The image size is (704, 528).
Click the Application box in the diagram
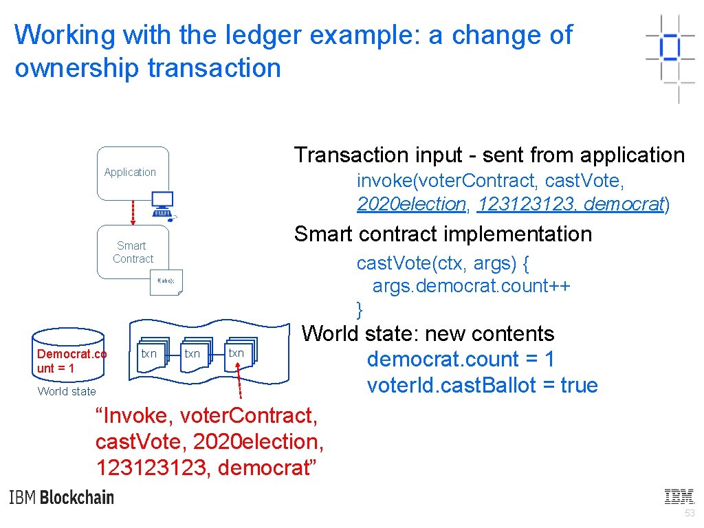[133, 173]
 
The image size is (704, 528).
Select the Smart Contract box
[133, 252]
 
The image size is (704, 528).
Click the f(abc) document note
[166, 282]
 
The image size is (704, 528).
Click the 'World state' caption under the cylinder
[67, 391]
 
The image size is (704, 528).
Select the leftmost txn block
[149, 354]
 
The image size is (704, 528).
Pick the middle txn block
[192, 354]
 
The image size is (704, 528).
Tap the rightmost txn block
[236, 353]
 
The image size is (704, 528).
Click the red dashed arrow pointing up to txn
[240, 382]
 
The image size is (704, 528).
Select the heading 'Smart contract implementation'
[443, 234]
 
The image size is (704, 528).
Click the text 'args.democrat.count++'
[471, 285]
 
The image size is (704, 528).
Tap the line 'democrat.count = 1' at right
[461, 359]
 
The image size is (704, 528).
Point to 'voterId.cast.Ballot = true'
[482, 385]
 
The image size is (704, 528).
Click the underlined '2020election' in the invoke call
[411, 204]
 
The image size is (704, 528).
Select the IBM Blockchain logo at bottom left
[62, 497]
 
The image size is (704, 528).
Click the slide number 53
[690, 514]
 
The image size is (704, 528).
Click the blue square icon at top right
[670, 47]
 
